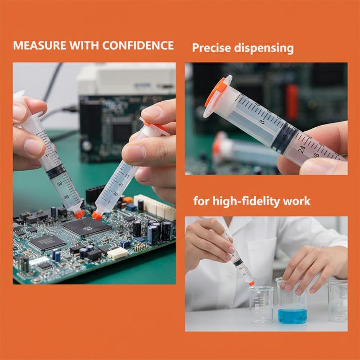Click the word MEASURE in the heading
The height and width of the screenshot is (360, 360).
[40, 45]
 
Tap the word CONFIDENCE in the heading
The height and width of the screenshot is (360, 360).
[138, 45]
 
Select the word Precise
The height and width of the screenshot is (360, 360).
[211, 48]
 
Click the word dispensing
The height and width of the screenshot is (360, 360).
[264, 49]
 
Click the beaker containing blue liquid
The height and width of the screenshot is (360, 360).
[292, 301]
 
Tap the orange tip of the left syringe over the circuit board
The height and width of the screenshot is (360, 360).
[80, 214]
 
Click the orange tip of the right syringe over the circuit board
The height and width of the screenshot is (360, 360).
[97, 216]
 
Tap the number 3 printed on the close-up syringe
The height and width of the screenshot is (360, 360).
[262, 122]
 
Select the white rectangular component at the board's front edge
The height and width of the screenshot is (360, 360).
[117, 253]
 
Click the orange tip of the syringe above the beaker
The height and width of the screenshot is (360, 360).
[252, 283]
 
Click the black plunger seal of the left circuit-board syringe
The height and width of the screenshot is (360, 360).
[56, 171]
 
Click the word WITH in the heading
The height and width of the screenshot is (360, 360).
[84, 45]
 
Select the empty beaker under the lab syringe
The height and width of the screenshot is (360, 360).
[261, 305]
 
